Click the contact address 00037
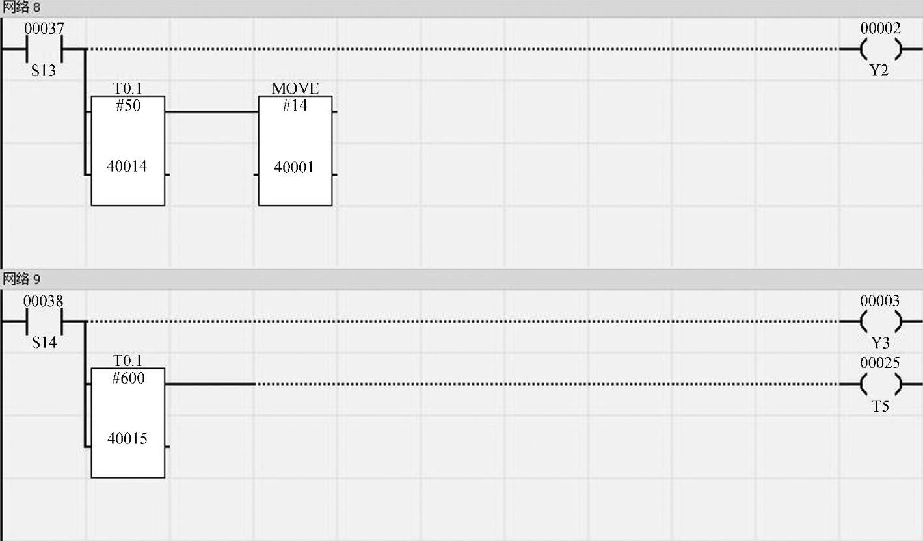[44, 29]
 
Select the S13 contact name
[44, 71]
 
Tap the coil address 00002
[880, 29]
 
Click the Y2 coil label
[879, 71]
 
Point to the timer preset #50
[127, 106]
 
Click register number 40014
[127, 166]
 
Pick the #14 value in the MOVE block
[295, 105]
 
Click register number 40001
[294, 167]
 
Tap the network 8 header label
[21, 8]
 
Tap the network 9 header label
[21, 280]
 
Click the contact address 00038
[44, 301]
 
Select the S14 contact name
[44, 343]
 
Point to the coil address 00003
[880, 301]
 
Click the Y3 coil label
[879, 343]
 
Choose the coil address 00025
[880, 363]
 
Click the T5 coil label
[880, 407]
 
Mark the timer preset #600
[127, 378]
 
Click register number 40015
[127, 439]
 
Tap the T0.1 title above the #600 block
[127, 361]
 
